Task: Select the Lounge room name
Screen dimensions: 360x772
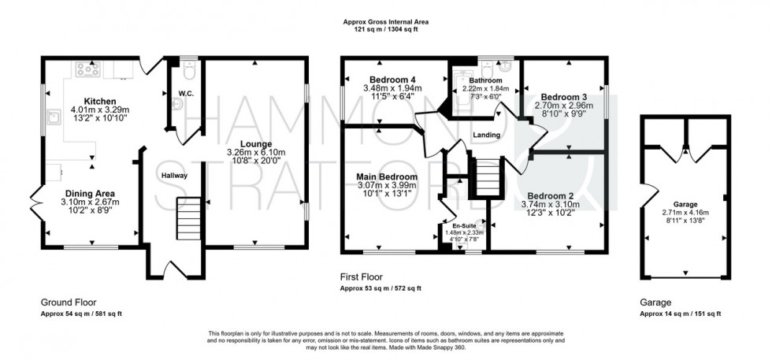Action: [258, 144]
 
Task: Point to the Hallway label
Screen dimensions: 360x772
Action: [174, 176]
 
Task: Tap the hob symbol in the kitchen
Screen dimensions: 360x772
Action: [86, 70]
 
